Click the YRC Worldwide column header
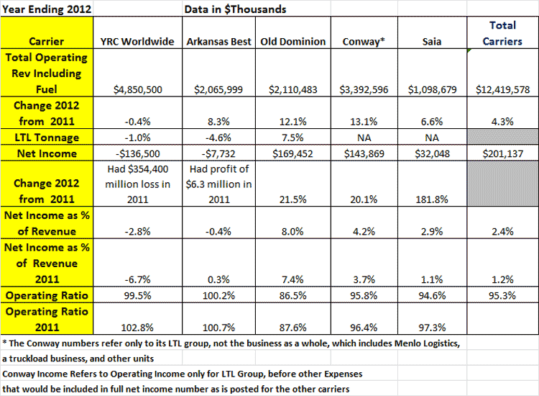coord(137,42)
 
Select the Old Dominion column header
coord(293,42)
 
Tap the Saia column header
coord(432,42)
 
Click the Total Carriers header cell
coord(502,33)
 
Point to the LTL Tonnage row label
coord(47,138)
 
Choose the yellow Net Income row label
coord(47,153)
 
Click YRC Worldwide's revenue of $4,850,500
coord(138,90)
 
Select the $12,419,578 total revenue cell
coord(502,90)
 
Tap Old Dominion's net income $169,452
coord(293,153)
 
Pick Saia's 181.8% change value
coord(432,199)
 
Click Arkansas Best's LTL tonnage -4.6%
coord(218,138)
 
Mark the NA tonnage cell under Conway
coord(364,138)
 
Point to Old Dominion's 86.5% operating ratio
coord(293,295)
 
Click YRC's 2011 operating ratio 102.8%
coord(137,328)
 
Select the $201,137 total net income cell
coord(502,153)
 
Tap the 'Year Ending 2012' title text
coord(47,9)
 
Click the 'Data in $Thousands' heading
coord(235,9)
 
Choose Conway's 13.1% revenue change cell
coord(364,122)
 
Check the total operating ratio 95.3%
coord(502,295)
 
